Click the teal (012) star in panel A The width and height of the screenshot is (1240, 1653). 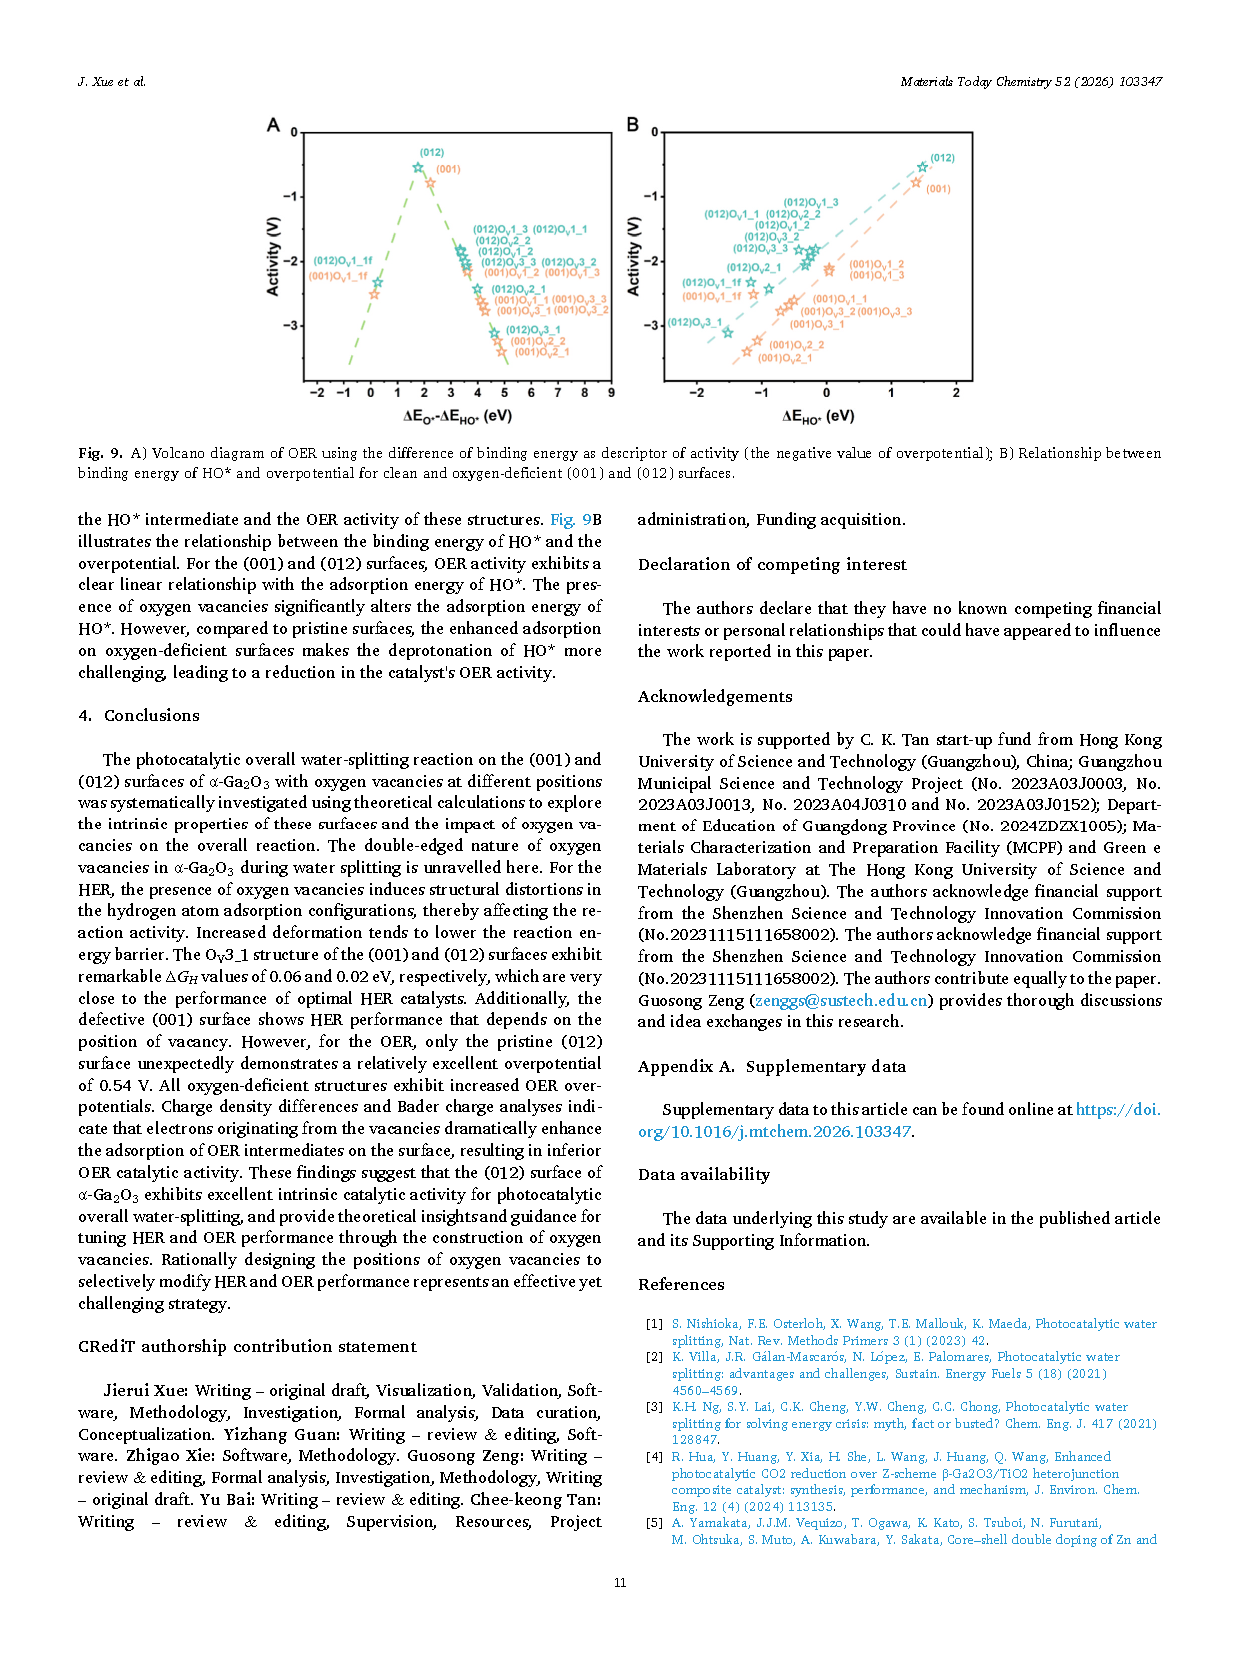click(x=418, y=168)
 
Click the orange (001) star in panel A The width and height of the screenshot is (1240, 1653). click(x=430, y=183)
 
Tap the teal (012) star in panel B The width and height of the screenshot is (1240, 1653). click(x=922, y=167)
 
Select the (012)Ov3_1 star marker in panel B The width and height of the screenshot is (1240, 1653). click(x=727, y=332)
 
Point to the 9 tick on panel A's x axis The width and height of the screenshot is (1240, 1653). click(x=611, y=393)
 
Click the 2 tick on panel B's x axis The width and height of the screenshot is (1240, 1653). click(x=956, y=393)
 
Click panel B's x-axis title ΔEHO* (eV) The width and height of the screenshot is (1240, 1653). click(x=818, y=416)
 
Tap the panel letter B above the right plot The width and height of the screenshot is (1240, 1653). click(x=632, y=125)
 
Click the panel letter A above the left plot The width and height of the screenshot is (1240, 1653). click(x=273, y=125)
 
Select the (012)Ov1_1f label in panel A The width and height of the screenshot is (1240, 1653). click(x=343, y=261)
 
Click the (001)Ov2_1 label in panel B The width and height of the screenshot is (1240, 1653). click(x=785, y=358)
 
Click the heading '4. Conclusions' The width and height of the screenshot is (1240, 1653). click(x=139, y=715)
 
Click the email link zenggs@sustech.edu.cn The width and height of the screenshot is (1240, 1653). click(x=841, y=1000)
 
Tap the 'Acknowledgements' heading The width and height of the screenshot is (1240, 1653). click(x=715, y=696)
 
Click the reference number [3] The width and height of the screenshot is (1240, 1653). click(x=654, y=1406)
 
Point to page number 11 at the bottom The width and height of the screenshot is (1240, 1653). click(x=620, y=1582)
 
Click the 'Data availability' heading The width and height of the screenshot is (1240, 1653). click(x=704, y=1174)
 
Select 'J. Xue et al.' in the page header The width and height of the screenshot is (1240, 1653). click(x=112, y=82)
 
